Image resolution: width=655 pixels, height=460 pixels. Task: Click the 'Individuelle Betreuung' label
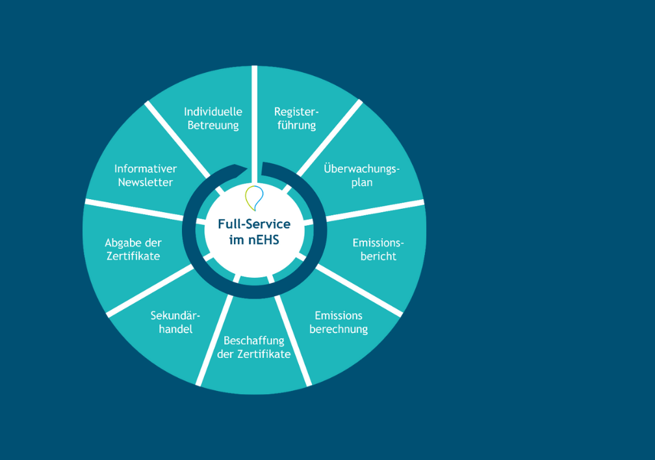(213, 118)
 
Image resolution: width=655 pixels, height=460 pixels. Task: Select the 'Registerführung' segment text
(296, 118)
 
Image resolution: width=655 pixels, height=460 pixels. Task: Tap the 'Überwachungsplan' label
(361, 176)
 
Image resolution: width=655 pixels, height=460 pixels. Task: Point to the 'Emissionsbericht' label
(378, 249)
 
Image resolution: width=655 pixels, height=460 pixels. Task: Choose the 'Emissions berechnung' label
(339, 323)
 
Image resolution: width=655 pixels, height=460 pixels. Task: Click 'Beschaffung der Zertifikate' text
(254, 347)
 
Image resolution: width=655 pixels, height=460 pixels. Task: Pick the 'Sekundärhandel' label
(175, 323)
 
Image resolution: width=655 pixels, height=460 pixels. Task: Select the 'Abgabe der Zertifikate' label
(133, 249)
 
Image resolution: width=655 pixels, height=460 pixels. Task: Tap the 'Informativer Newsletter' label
(146, 176)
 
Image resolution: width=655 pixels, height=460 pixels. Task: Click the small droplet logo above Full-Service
(254, 196)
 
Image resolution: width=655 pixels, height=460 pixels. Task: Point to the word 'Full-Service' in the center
(254, 224)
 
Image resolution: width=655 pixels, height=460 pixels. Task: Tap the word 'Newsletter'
(146, 183)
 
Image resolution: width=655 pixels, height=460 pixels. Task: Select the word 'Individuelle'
(213, 111)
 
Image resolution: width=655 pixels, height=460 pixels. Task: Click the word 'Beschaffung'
(254, 340)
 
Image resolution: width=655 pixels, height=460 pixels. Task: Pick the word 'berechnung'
(339, 330)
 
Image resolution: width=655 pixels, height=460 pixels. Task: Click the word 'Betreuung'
(213, 126)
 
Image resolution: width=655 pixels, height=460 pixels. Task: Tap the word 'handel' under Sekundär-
(175, 330)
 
